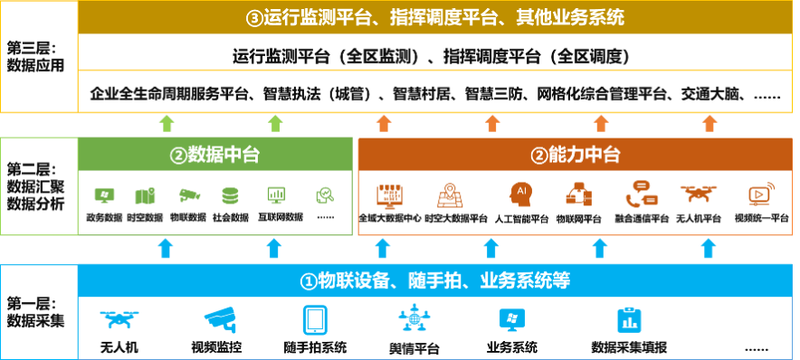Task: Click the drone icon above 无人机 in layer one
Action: click(119, 319)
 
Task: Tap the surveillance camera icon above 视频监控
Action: click(221, 319)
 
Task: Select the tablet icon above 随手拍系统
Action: click(315, 320)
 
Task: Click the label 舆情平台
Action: click(414, 349)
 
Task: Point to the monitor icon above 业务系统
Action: click(511, 319)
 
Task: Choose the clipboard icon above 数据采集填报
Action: click(629, 320)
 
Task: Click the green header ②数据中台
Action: click(214, 155)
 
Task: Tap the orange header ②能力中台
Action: click(576, 155)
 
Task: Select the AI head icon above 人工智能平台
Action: click(520, 194)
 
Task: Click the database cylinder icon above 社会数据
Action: click(230, 195)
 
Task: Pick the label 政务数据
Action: click(105, 218)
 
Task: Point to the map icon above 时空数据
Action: click(145, 196)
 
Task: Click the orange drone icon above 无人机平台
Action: click(699, 194)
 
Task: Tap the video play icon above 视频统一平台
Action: click(761, 194)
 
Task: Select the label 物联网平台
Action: click(578, 219)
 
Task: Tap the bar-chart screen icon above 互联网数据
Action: click(277, 195)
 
